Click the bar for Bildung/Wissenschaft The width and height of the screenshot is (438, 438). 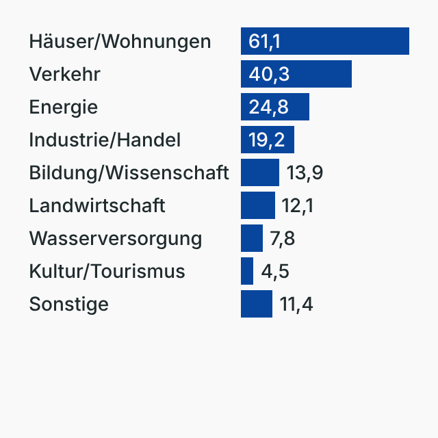[260, 172]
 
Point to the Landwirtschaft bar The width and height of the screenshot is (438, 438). [258, 205]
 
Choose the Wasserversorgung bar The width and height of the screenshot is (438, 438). [252, 238]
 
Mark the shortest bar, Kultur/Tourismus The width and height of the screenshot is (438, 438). [247, 271]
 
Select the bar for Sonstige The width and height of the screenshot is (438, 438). [257, 304]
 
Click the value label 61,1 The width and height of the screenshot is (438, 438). [264, 42]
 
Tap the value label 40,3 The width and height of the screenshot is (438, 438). [269, 75]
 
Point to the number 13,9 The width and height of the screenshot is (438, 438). [305, 173]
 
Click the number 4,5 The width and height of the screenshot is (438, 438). [275, 272]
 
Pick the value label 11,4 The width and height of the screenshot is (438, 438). [296, 305]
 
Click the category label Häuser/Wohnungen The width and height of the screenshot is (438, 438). [120, 42]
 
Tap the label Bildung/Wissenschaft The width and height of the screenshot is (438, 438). [129, 173]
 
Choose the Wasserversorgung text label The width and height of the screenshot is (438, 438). [116, 239]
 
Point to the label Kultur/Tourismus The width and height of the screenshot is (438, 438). [107, 272]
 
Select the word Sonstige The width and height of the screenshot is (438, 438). [68, 305]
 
